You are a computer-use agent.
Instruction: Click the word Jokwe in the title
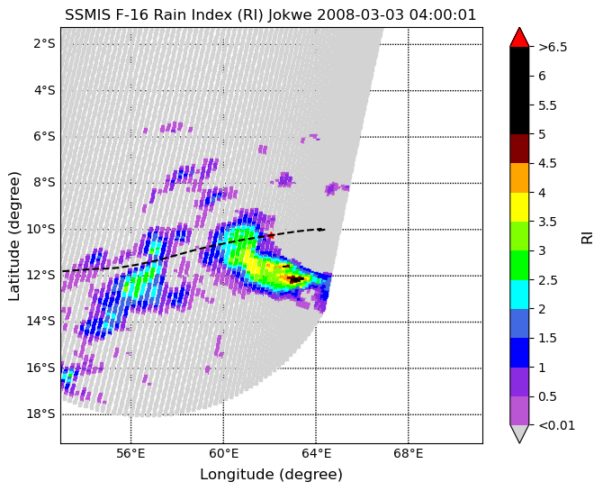(292, 15)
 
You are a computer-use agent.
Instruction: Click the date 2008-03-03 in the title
(362, 15)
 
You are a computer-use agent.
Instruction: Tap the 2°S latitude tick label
(44, 44)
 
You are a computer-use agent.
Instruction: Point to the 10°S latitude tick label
(40, 229)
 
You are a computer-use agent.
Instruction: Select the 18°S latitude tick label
(40, 414)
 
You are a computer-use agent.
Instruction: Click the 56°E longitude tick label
(131, 454)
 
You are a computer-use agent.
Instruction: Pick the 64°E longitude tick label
(316, 454)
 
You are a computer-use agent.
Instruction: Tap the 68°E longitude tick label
(409, 454)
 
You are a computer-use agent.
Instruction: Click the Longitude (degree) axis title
(271, 475)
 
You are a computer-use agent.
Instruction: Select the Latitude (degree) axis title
(13, 236)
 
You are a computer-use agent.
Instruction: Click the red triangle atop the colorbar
(519, 37)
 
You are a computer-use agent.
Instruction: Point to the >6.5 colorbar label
(553, 47)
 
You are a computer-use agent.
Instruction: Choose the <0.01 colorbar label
(556, 425)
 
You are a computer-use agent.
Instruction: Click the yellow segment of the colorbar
(519, 207)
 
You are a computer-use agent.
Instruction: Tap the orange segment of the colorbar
(519, 177)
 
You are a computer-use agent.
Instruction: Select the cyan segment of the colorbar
(519, 295)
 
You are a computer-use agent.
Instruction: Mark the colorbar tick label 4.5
(547, 164)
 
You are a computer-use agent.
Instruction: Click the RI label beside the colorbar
(587, 236)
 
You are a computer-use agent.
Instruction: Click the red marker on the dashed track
(271, 235)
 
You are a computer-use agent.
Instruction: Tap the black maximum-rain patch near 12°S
(296, 278)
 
